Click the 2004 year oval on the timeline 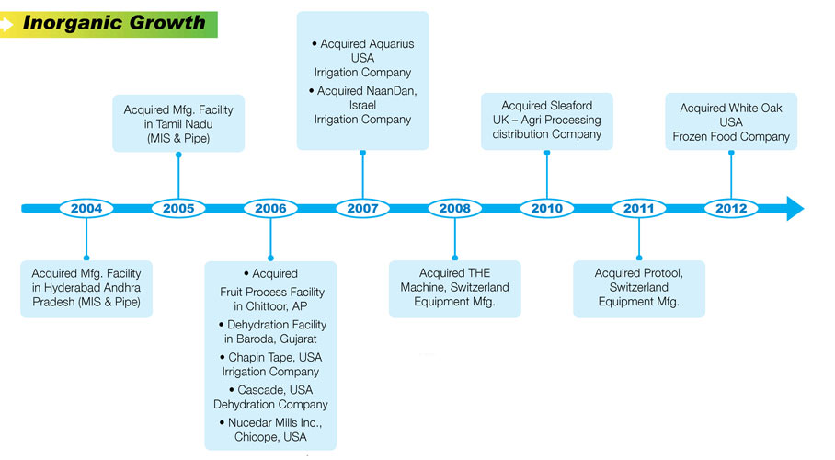pos(86,209)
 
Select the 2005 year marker pos(178,209)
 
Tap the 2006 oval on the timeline pos(270,209)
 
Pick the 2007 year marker pos(362,209)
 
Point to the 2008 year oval pos(454,209)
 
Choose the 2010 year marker pos(547,209)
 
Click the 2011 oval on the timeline pos(639,209)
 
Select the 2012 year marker pos(731,209)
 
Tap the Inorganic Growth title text pos(114,23)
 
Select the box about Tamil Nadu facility pos(178,123)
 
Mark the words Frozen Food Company pos(731,137)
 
